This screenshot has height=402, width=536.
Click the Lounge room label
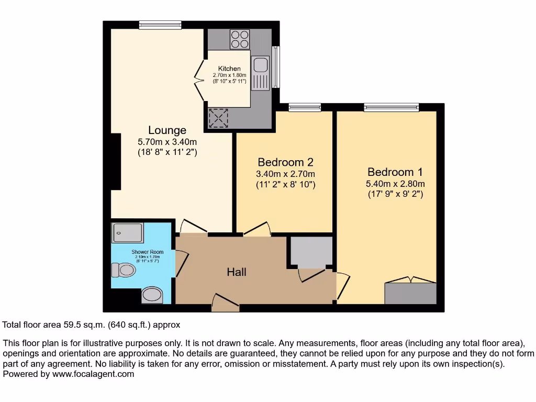(x=167, y=130)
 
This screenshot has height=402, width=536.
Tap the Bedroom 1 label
(x=395, y=172)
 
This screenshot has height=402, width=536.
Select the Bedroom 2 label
(x=286, y=162)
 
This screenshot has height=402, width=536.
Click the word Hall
(x=237, y=272)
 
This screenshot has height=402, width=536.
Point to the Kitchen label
(x=229, y=69)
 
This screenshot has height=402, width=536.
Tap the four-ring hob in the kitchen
(x=240, y=39)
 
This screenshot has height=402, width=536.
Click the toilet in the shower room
(x=124, y=270)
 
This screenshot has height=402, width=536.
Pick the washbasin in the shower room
(x=152, y=295)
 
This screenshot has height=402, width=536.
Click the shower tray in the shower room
(x=127, y=233)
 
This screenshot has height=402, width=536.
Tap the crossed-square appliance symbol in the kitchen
(x=218, y=118)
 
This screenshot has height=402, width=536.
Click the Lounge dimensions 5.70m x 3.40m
(x=167, y=142)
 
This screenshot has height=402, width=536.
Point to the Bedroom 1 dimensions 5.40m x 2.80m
(x=395, y=184)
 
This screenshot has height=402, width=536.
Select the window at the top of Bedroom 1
(x=392, y=107)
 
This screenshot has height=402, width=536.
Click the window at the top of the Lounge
(x=160, y=25)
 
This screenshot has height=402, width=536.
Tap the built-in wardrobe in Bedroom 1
(x=410, y=293)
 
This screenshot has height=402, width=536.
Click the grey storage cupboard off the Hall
(x=311, y=252)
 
